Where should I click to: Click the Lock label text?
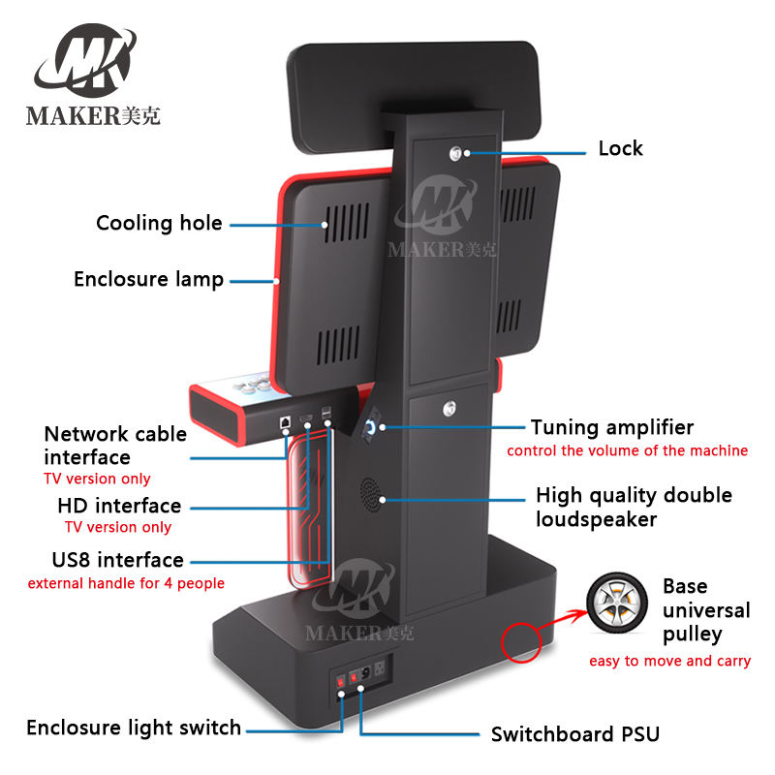pyautogui.click(x=620, y=148)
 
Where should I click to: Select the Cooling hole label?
pyautogui.click(x=159, y=224)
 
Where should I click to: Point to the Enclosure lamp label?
pyautogui.click(x=148, y=280)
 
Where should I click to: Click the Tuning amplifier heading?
pyautogui.click(x=611, y=427)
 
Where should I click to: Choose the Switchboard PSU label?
pyautogui.click(x=574, y=734)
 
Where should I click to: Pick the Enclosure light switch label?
pyautogui.click(x=134, y=728)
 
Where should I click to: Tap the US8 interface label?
pyautogui.click(x=117, y=560)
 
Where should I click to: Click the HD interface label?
pyautogui.click(x=118, y=506)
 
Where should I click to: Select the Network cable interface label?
pyautogui.click(x=115, y=445)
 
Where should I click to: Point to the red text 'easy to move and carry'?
pyautogui.click(x=670, y=661)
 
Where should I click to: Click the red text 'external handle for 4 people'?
pyautogui.click(x=126, y=583)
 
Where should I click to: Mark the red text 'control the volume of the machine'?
pyautogui.click(x=627, y=450)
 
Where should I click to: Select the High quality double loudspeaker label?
pyautogui.click(x=633, y=507)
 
